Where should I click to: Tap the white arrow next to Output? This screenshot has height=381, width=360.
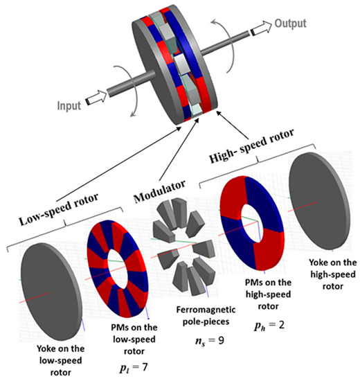tap(260, 30)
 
